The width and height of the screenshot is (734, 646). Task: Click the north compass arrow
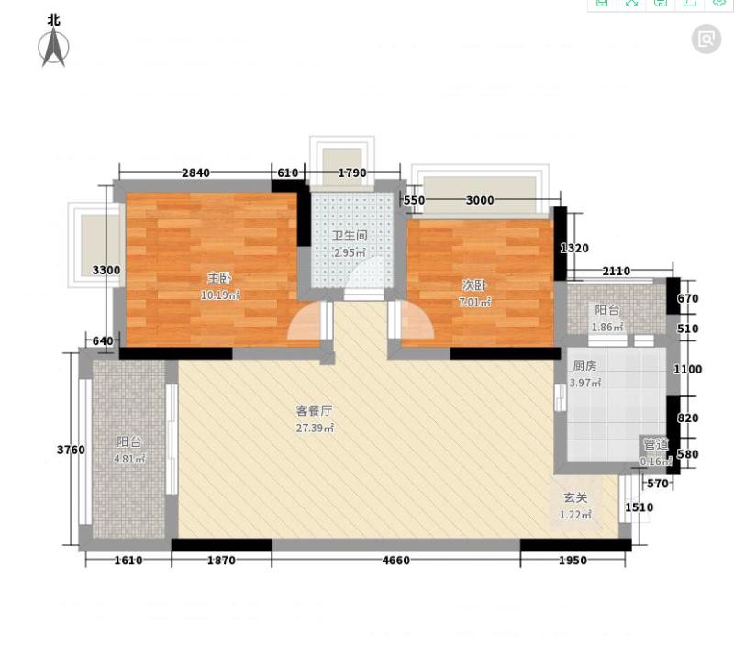pyautogui.click(x=53, y=47)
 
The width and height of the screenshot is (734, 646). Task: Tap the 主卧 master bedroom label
pyautogui.click(x=219, y=278)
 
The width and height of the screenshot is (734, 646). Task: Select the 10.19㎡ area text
pyautogui.click(x=220, y=295)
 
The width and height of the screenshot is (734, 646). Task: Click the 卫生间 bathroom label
pyautogui.click(x=350, y=236)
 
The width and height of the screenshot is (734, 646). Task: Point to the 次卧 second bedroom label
pyautogui.click(x=474, y=284)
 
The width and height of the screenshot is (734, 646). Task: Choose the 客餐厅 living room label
pyautogui.click(x=314, y=410)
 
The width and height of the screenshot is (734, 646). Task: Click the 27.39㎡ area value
pyautogui.click(x=315, y=428)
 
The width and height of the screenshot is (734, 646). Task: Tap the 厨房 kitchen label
pyautogui.click(x=584, y=365)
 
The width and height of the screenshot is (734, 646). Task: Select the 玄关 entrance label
pyautogui.click(x=575, y=497)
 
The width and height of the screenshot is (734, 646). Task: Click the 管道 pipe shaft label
pyautogui.click(x=656, y=444)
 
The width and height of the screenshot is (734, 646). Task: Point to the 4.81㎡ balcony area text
pyautogui.click(x=129, y=459)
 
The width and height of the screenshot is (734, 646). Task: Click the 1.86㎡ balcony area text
pyautogui.click(x=607, y=328)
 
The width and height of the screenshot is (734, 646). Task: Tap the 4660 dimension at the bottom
pyautogui.click(x=396, y=561)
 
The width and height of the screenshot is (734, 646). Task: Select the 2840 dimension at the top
pyautogui.click(x=195, y=173)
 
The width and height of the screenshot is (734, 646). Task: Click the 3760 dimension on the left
pyautogui.click(x=71, y=450)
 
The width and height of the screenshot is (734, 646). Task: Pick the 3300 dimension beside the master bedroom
pyautogui.click(x=106, y=270)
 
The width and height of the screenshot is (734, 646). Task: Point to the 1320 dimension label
pyautogui.click(x=574, y=248)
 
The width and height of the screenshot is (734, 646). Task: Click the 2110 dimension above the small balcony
pyautogui.click(x=616, y=271)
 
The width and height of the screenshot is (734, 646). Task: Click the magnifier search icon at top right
pyautogui.click(x=706, y=39)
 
